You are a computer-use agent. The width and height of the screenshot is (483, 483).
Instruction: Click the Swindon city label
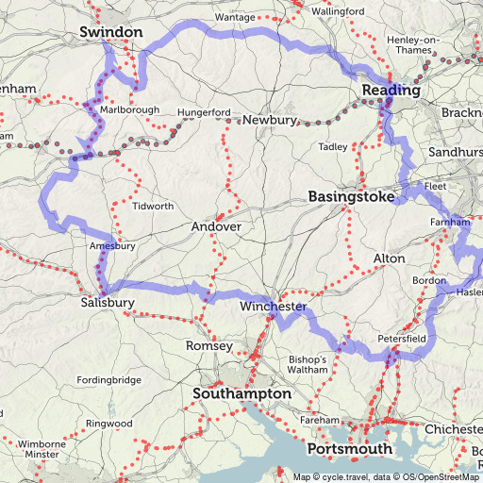pos(112,33)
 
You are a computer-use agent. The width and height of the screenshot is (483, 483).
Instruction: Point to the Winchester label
pos(273,308)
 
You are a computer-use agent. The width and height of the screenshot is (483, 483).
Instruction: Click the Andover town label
pos(217,227)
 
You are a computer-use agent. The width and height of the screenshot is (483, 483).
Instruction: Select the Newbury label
pos(270,121)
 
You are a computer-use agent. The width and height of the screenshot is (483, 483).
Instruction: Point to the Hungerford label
pos(202,113)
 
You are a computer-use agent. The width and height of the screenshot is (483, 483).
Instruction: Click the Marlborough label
pos(130,109)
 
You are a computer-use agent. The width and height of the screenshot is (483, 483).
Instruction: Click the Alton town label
pos(390,258)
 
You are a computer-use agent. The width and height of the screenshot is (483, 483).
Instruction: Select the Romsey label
pos(209,346)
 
